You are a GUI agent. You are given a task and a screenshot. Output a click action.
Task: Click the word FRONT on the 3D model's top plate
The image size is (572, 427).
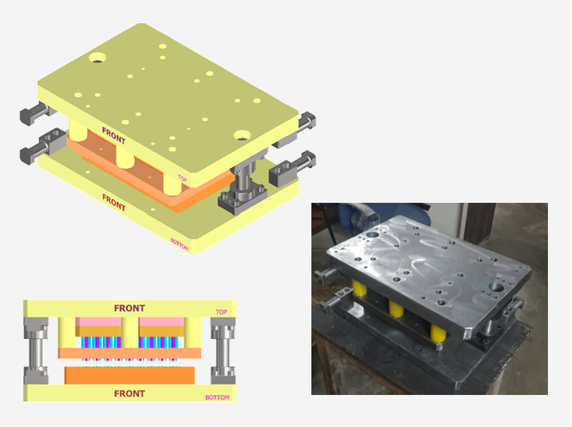[114, 135]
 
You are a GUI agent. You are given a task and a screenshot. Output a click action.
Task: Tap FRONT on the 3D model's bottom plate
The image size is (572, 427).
[114, 202]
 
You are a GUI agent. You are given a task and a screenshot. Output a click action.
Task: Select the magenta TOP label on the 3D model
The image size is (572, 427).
[182, 178]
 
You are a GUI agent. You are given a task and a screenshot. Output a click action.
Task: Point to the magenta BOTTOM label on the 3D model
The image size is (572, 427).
[180, 244]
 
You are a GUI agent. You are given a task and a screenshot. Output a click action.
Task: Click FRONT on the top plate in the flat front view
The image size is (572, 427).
[130, 308]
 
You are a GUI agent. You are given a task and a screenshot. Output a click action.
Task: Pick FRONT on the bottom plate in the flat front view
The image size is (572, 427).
[130, 394]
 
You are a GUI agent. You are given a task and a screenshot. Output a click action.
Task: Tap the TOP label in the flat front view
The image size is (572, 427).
[221, 312]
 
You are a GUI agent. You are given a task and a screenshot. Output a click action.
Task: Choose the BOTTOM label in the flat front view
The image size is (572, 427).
[217, 398]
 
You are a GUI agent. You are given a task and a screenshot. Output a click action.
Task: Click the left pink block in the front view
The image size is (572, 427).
[98, 322]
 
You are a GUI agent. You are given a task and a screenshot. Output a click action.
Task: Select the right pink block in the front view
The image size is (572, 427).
[161, 322]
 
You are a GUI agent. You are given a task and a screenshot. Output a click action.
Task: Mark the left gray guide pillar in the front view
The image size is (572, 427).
[36, 350]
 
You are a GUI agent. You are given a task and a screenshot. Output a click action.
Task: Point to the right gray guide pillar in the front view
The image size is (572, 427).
[223, 350]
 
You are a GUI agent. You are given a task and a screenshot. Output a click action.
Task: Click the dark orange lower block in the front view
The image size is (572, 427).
[130, 375]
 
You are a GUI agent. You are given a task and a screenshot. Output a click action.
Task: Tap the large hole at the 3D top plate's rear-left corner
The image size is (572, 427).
[98, 57]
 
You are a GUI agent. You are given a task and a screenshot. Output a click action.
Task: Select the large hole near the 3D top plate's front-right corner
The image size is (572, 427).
[242, 135]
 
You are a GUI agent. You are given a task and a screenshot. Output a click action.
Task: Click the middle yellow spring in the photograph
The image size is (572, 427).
[396, 308]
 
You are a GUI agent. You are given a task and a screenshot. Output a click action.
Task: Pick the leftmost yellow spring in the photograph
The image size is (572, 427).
[360, 288]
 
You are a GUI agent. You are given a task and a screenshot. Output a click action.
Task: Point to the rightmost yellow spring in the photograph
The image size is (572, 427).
[438, 333]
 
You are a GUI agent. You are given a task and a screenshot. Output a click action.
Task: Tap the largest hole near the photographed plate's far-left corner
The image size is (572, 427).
[372, 235]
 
